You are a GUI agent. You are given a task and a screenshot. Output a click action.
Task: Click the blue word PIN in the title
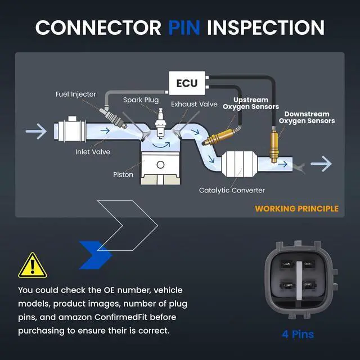tap(184, 28)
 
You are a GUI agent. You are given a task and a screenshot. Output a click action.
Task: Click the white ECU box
tap(187, 83)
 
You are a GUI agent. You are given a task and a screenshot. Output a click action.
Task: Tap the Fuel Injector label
tap(75, 94)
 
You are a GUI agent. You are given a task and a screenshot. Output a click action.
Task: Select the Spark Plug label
tap(141, 100)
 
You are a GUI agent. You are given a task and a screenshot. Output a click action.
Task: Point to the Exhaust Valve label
tap(194, 104)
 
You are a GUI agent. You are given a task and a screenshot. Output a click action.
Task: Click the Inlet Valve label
tap(92, 152)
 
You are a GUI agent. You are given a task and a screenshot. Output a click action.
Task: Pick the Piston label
tap(123, 174)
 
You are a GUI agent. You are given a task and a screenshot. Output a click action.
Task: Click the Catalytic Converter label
tap(232, 190)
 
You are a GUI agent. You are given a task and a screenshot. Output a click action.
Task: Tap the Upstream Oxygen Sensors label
tap(251, 103)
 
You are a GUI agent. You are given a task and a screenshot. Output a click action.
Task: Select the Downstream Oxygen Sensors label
tap(307, 118)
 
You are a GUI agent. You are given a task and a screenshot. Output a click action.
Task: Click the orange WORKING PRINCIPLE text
tap(296, 209)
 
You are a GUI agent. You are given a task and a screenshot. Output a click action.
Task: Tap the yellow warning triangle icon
tap(33, 265)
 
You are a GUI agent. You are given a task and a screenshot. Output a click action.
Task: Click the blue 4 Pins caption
tap(298, 334)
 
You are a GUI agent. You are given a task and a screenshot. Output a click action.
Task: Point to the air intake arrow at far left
tap(36, 131)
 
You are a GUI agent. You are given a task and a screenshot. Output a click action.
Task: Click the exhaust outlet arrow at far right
tap(321, 164)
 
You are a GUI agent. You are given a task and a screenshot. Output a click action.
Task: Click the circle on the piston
tap(160, 165)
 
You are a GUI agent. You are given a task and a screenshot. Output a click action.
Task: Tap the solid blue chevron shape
tap(96, 255)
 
